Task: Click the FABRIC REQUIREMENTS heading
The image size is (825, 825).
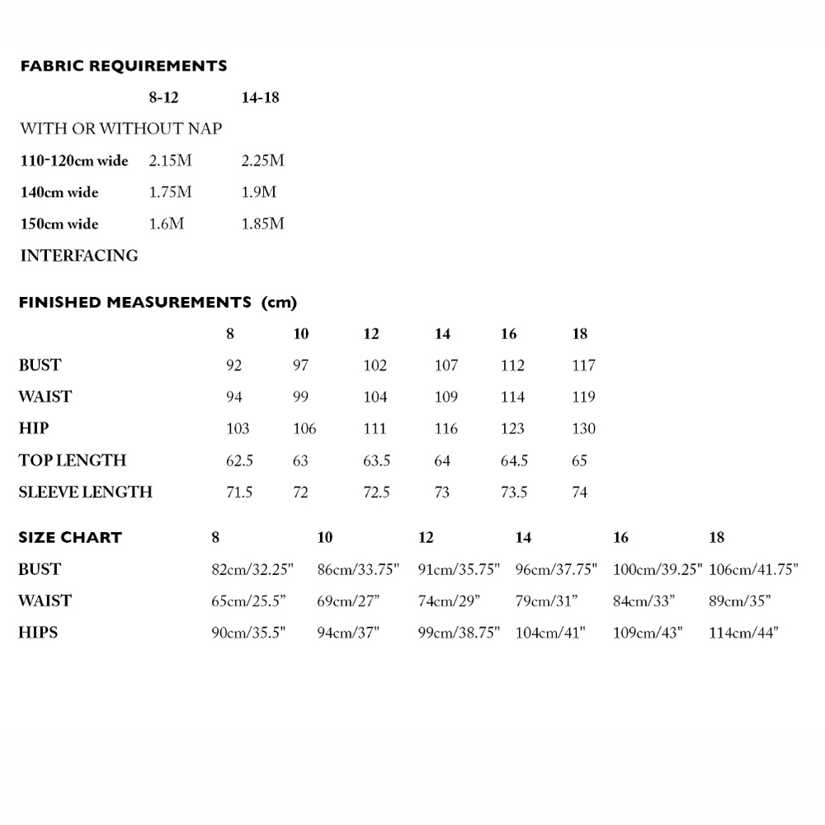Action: click(x=123, y=66)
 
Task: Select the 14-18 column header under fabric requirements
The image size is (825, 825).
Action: click(x=260, y=97)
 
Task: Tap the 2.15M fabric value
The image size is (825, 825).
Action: click(x=170, y=160)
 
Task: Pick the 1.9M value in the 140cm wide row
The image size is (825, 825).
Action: click(x=259, y=192)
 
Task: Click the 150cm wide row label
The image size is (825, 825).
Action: click(x=59, y=224)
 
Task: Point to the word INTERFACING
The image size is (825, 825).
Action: click(x=79, y=256)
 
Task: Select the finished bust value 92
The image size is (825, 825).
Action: click(x=233, y=365)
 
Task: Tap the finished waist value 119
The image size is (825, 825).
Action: click(x=583, y=397)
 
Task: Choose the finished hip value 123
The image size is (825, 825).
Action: click(x=512, y=429)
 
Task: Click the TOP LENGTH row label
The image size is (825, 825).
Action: click(x=73, y=460)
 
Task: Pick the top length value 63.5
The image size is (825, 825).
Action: click(x=376, y=460)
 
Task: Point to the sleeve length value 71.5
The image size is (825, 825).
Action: click(x=239, y=493)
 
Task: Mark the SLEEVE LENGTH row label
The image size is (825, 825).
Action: click(x=86, y=493)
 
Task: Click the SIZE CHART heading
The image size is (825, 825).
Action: click(x=70, y=538)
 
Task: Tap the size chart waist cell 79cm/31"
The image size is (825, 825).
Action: click(x=546, y=601)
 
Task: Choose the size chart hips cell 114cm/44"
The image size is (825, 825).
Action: click(x=744, y=633)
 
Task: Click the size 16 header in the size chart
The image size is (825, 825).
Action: click(x=621, y=538)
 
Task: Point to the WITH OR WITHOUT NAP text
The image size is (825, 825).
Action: click(x=120, y=129)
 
